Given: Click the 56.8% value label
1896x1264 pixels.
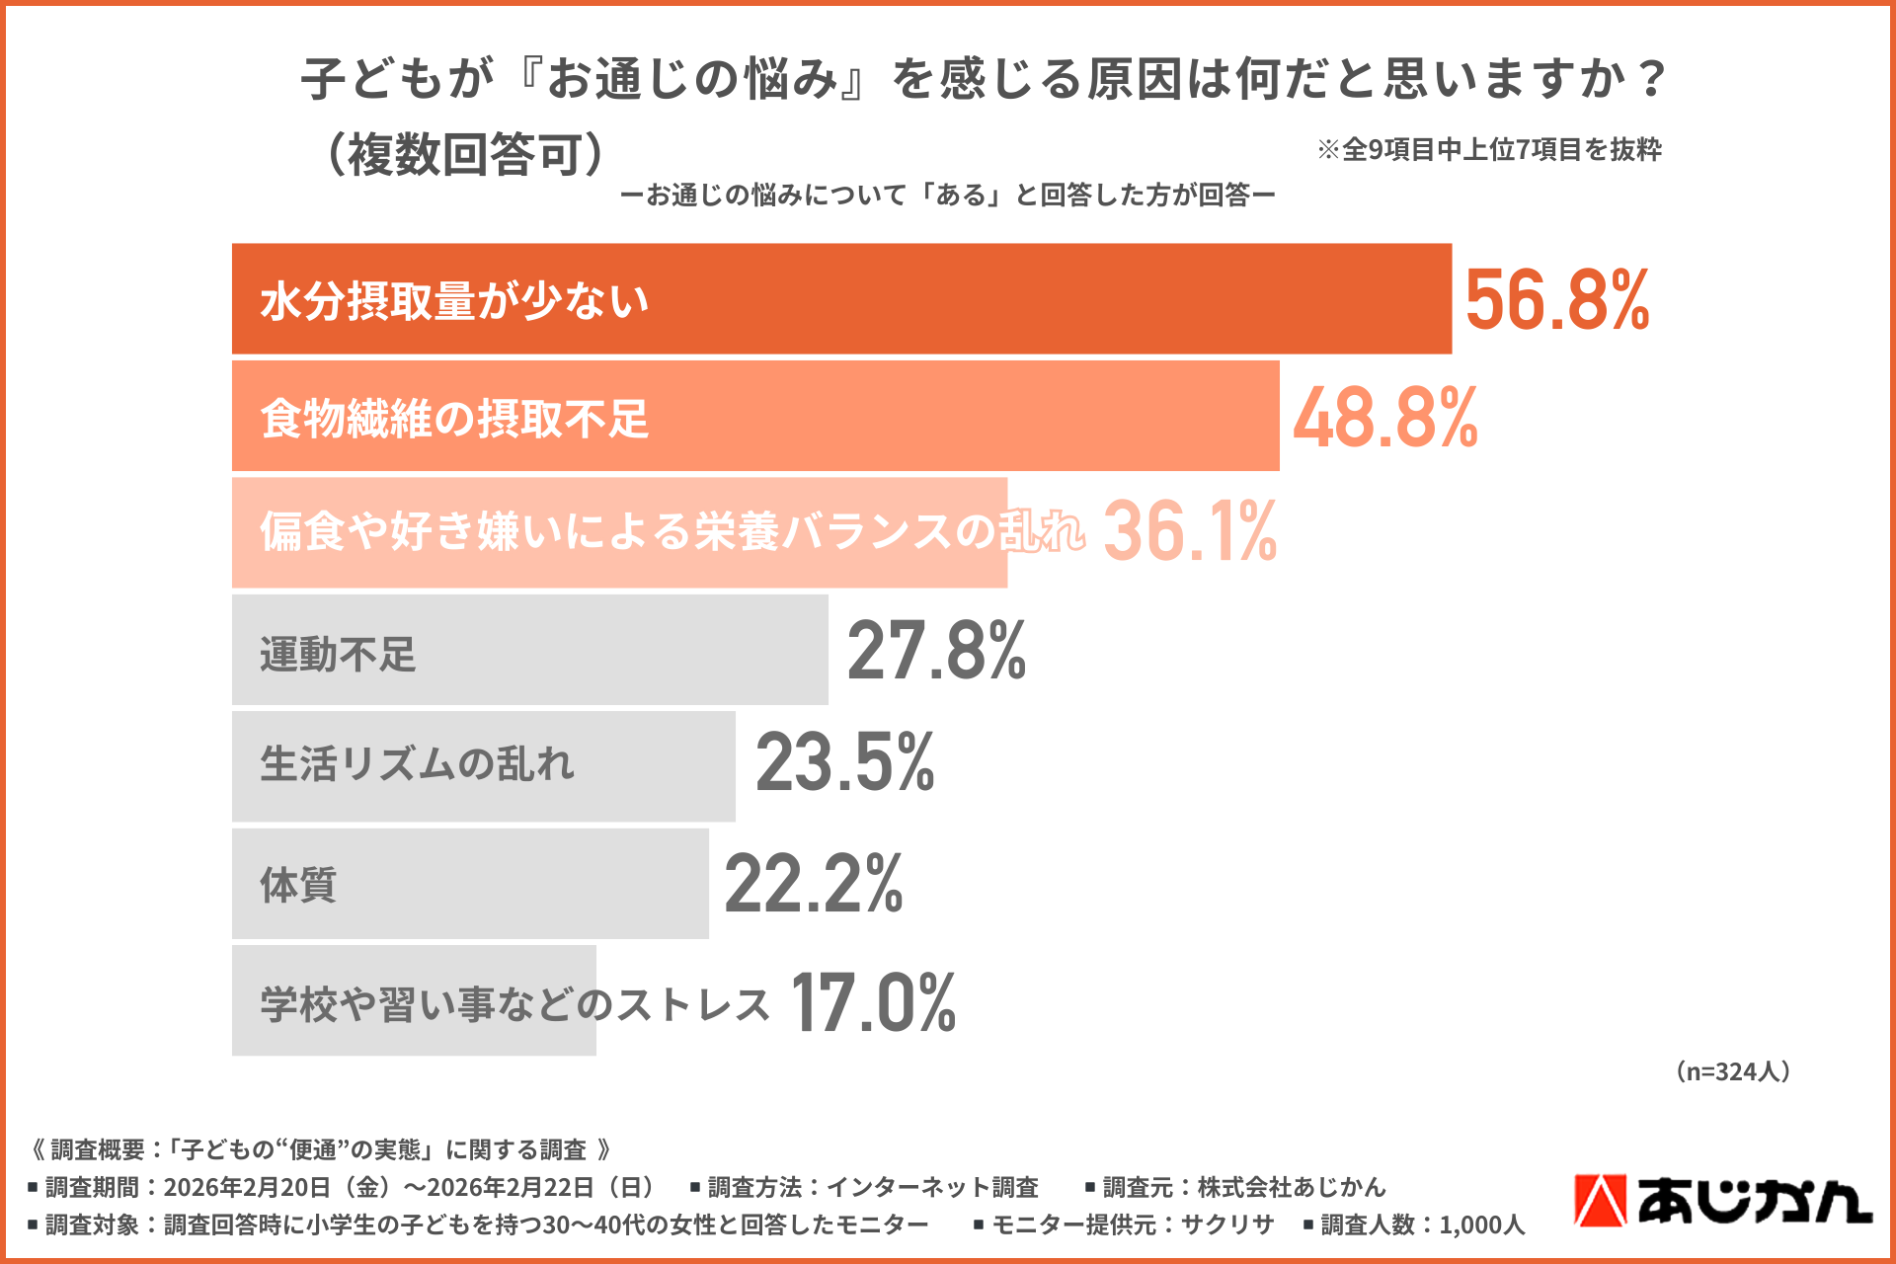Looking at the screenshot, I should coord(1556,300).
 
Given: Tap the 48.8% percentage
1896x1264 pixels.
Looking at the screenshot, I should coord(1384,418).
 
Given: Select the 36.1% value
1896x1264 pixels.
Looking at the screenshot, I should coord(1189,531).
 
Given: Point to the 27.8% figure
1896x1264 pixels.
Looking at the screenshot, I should coord(936,651).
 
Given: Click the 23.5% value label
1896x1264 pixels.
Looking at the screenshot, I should coord(844,763).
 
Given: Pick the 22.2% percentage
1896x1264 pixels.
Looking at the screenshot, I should coord(813,884).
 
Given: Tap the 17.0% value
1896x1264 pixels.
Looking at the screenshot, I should coord(873,1003).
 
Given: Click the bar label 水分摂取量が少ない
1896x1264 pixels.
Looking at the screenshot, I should coord(454,301).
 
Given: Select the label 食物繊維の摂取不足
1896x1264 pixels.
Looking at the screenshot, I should coord(454,419).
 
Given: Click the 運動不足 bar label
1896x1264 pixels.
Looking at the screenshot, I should coord(338,654).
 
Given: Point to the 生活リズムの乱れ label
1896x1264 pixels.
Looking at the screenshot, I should coord(417,764).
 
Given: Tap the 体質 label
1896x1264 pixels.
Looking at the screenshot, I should coord(298,885).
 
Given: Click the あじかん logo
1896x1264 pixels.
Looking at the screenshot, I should coord(1722,1201).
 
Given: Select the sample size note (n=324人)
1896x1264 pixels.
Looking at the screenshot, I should coord(1733,1071).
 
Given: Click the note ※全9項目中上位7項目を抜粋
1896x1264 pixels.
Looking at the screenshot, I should coord(1489,150).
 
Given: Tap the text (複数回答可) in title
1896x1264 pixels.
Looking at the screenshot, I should coord(464,154).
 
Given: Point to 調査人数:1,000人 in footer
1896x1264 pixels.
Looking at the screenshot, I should coord(1414,1225).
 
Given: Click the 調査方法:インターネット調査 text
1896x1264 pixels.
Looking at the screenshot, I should coord(865,1187).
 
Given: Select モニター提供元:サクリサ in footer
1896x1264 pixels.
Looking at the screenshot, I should coord(1124,1225).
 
